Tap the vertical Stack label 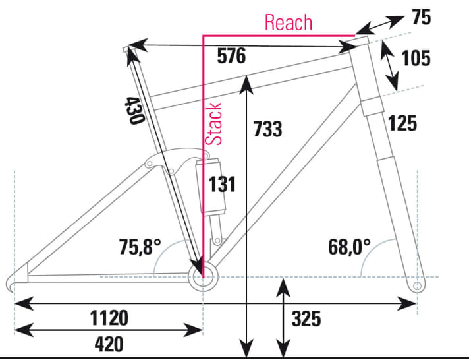[x=215, y=124]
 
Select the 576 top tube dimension [x=231, y=57]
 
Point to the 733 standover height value [x=267, y=129]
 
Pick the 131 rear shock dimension [x=222, y=184]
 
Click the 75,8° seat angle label [x=140, y=247]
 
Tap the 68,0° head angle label [x=349, y=247]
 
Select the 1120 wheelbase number [x=109, y=319]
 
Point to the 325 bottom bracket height [x=306, y=319]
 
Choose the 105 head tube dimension [x=416, y=58]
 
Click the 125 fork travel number [x=402, y=123]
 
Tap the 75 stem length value [x=421, y=18]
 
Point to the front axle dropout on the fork [x=416, y=286]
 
